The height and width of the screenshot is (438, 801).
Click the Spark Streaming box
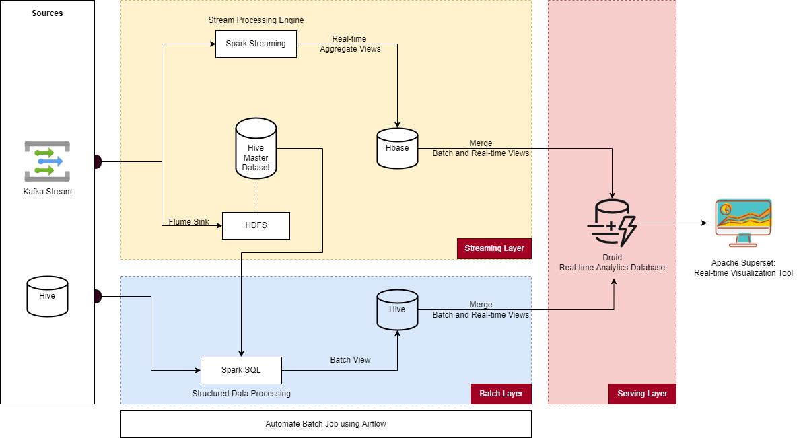point(256,44)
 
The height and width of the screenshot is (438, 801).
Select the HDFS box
point(256,225)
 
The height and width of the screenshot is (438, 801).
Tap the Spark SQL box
point(241,370)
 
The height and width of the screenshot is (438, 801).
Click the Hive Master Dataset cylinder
point(256,149)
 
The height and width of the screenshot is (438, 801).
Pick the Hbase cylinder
point(397,148)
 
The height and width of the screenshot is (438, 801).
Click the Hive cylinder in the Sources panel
point(47,296)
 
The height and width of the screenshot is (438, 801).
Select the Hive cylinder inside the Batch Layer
point(397,309)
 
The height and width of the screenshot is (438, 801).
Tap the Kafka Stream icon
point(47,161)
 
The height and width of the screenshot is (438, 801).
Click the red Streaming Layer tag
point(494,249)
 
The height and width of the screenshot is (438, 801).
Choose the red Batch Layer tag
point(501,394)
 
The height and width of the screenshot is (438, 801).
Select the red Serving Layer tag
point(642,394)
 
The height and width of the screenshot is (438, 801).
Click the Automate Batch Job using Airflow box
point(326,425)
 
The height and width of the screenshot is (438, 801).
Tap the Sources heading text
point(47,13)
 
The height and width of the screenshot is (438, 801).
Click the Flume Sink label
point(188,221)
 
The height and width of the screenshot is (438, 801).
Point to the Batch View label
point(350,360)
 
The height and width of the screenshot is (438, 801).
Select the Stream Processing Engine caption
point(256,20)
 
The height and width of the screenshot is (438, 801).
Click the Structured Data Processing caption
point(241,394)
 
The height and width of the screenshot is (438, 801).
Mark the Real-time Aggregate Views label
point(350,44)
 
